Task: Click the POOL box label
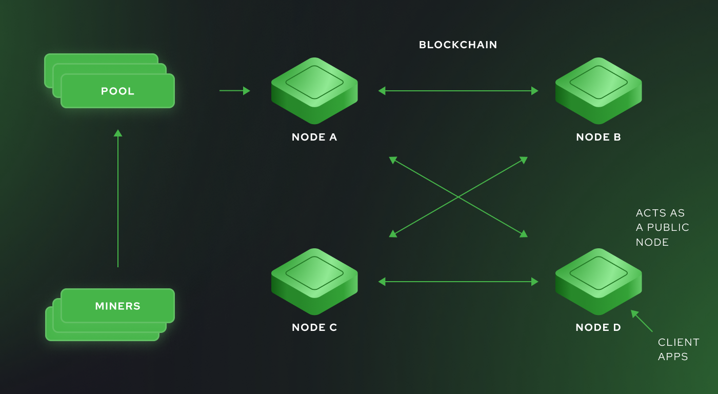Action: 117,91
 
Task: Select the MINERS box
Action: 117,306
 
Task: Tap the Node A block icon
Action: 314,90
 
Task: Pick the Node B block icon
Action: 599,90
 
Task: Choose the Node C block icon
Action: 314,281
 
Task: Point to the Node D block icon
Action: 599,281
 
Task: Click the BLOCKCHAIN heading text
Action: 458,45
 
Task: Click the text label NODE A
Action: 314,137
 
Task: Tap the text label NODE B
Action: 599,137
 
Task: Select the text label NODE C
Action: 314,327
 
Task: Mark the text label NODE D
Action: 598,327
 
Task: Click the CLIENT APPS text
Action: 678,349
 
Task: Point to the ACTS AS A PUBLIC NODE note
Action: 662,227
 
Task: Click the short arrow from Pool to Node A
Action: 234,91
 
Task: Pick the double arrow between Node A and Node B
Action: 458,91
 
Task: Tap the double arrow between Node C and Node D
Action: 458,282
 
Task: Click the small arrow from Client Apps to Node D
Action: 642,322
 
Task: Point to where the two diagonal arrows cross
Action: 458,197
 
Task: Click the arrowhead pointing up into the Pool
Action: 118,133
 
